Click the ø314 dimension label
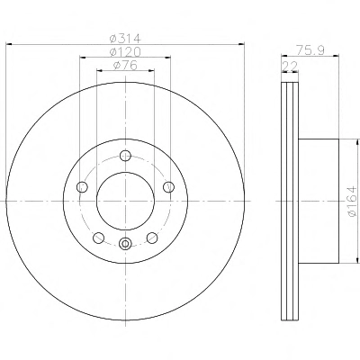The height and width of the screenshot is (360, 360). click(x=125, y=39)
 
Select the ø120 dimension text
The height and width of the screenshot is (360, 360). click(x=125, y=52)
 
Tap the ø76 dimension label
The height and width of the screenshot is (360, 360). click(x=125, y=65)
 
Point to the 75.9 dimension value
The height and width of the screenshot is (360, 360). click(x=310, y=49)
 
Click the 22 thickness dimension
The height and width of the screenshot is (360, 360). click(x=290, y=66)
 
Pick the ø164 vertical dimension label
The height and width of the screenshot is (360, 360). click(x=352, y=201)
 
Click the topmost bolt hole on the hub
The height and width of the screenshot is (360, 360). click(x=125, y=156)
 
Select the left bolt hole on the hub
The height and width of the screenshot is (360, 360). click(x=82, y=187)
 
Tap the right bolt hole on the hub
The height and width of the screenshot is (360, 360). click(x=168, y=187)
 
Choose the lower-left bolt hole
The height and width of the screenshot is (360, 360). click(x=99, y=238)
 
